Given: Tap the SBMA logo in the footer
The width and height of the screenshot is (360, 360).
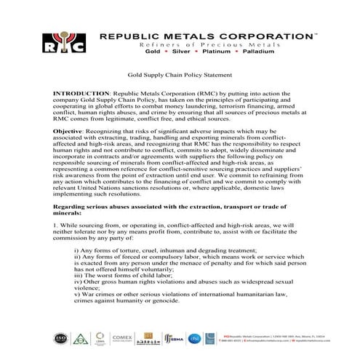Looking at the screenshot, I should click(x=191, y=337).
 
